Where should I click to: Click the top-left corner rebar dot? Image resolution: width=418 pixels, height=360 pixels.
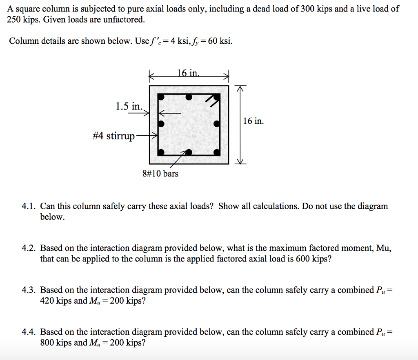pyautogui.click(x=161, y=97)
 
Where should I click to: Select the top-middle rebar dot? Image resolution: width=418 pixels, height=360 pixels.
pyautogui.click(x=188, y=97)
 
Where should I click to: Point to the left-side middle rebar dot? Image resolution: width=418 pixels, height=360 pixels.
pyautogui.click(x=161, y=123)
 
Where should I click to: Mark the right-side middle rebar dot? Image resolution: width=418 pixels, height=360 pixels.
pyautogui.click(x=217, y=123)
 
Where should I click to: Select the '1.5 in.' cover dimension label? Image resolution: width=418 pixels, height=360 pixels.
pyautogui.click(x=129, y=107)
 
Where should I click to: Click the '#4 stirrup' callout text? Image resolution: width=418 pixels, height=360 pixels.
pyautogui.click(x=113, y=136)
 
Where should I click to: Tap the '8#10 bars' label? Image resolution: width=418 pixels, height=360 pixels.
pyautogui.click(x=160, y=174)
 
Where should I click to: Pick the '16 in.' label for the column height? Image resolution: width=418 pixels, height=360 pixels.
pyautogui.click(x=253, y=121)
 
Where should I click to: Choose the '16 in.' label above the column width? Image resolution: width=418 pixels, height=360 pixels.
pyautogui.click(x=189, y=74)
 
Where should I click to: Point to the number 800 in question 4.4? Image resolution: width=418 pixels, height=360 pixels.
pyautogui.click(x=47, y=343)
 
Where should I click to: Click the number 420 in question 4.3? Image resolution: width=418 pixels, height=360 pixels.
pyautogui.click(x=47, y=301)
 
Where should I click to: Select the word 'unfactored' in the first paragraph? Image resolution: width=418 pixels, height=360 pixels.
pyautogui.click(x=123, y=20)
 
